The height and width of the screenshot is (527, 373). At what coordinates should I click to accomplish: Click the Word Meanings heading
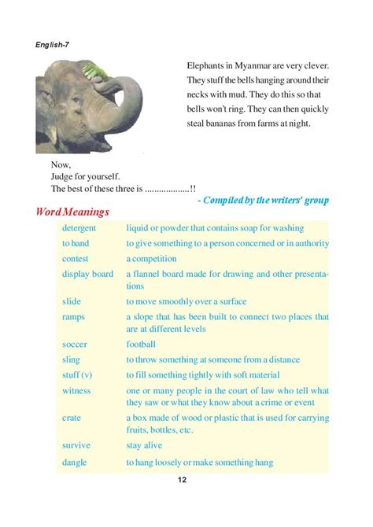point(72,213)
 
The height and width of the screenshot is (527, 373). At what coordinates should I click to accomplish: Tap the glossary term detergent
point(81,228)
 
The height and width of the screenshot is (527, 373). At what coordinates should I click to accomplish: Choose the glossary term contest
point(76,258)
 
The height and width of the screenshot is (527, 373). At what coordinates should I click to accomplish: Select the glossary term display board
point(88,274)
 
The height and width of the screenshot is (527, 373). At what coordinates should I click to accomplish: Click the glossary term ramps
point(74,316)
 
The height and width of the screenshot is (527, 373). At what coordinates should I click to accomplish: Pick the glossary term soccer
point(76,344)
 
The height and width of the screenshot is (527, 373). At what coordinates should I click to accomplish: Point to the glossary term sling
point(72,359)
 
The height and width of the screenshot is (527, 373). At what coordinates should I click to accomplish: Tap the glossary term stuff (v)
point(78,375)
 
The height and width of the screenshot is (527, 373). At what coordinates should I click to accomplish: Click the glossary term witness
point(77,391)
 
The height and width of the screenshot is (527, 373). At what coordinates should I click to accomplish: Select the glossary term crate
point(72,418)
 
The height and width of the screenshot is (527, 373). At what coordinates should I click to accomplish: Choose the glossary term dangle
point(75,463)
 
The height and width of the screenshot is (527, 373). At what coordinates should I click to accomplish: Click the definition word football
point(142,344)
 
